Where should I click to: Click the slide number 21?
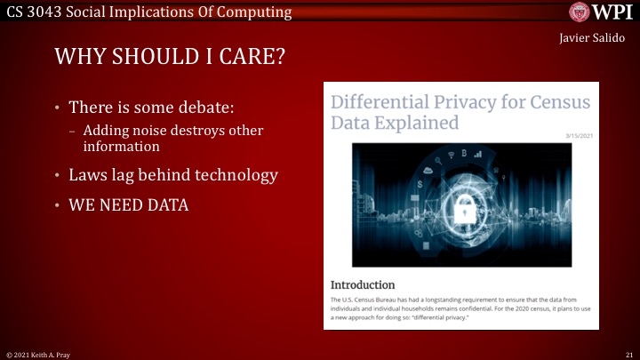[628, 354]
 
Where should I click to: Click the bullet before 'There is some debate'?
[58, 108]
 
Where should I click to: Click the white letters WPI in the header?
[614, 12]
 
